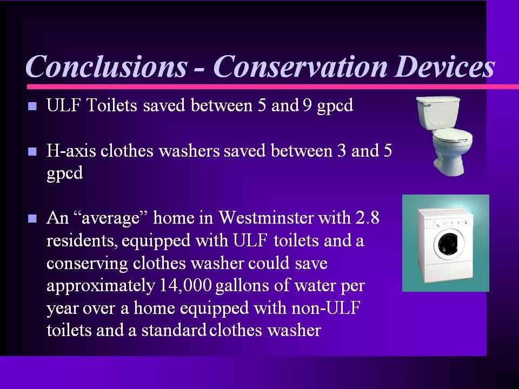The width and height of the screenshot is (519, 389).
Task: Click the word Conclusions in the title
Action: click(x=107, y=66)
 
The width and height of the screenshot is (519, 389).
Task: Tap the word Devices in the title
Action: click(x=444, y=66)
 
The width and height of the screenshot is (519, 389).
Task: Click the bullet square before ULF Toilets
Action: click(x=32, y=106)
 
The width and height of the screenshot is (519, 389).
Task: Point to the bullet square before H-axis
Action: click(x=32, y=151)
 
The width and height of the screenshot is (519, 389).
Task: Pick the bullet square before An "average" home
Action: click(x=32, y=219)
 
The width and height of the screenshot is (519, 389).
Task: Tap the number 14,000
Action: click(x=185, y=285)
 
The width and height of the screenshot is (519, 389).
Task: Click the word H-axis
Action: click(x=71, y=151)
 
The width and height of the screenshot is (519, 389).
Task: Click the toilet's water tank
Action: click(x=438, y=112)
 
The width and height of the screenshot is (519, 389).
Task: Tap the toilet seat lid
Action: click(x=453, y=136)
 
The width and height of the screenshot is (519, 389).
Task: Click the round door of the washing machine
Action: click(x=449, y=245)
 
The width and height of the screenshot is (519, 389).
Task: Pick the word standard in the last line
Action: click(x=174, y=330)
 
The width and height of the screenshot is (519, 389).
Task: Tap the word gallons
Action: click(x=242, y=286)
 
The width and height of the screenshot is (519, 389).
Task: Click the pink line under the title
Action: click(x=272, y=86)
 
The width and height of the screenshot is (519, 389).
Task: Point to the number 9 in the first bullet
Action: click(x=306, y=105)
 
